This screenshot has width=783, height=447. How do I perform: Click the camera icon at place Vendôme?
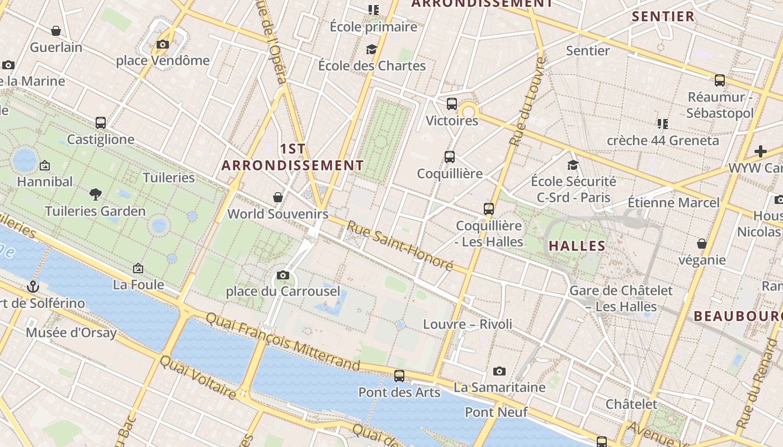coord(163,45)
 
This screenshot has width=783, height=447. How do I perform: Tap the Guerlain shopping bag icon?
coord(56,31)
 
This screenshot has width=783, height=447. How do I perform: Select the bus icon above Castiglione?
coord(101,123)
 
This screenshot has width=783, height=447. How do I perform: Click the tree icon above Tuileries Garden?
coord(96,194)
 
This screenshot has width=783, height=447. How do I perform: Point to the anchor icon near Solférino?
coord(34,287)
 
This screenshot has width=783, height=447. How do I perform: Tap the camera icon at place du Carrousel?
coord(283,275)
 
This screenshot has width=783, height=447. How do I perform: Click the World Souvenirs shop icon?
coord(278,197)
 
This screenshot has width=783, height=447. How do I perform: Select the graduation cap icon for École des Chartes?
coord(371,50)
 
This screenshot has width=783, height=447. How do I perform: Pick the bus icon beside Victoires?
coord(452,104)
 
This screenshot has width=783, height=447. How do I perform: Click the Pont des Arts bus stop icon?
coord(399,376)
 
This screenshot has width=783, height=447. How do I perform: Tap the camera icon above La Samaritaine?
coord(499,371)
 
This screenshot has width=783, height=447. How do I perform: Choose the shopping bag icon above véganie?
coord(702,244)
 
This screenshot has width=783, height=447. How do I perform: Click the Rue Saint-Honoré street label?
coord(399,246)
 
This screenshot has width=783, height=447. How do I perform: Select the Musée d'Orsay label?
coord(71,333)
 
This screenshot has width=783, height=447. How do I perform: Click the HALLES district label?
coord(577,246)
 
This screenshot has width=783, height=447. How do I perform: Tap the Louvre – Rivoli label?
coord(468,324)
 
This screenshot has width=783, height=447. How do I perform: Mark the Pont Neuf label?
coord(496,412)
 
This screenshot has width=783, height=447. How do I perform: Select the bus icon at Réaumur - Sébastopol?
coord(720,80)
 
